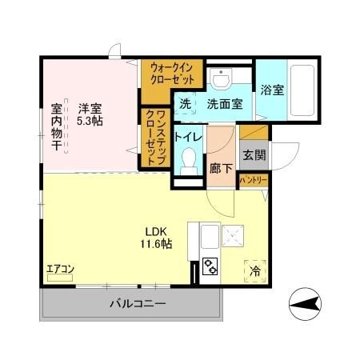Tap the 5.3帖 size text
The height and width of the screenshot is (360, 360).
(90, 121)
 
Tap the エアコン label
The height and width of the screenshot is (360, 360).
(59, 268)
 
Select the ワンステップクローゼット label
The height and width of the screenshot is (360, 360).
(155, 138)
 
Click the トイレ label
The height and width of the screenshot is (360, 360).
(189, 137)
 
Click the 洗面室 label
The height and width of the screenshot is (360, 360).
(224, 103)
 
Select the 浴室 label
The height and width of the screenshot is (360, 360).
(271, 90)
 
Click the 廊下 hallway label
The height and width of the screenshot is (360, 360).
(221, 170)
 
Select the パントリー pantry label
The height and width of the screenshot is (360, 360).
(254, 181)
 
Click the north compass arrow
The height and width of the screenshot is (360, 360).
(307, 303)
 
